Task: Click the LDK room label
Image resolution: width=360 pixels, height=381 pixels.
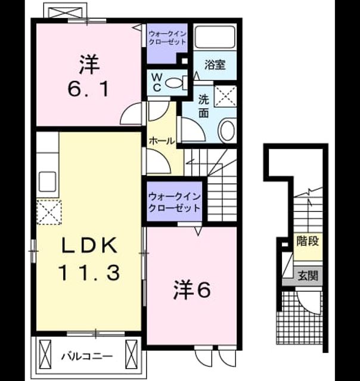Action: (89, 245)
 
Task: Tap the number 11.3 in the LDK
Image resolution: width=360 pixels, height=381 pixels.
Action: (89, 273)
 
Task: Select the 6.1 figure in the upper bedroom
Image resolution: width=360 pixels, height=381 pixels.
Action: (88, 89)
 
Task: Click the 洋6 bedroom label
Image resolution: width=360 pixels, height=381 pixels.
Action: (192, 289)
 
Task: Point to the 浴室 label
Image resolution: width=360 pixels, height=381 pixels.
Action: (215, 65)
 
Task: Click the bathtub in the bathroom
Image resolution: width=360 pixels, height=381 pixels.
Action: (215, 37)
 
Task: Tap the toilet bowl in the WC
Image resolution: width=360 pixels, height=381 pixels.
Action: (175, 83)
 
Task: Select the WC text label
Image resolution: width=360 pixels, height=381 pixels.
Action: (157, 83)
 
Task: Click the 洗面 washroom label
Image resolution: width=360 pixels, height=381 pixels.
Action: (203, 106)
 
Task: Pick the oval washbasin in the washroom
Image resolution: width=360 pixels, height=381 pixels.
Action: (227, 131)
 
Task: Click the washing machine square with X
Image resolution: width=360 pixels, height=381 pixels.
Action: (225, 96)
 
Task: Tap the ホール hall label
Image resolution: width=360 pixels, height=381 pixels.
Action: (162, 140)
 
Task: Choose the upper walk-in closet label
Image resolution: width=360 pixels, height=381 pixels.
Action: (167, 38)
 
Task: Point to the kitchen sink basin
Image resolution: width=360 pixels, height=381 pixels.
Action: (48, 181)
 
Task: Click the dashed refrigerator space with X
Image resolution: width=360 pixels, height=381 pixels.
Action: (49, 212)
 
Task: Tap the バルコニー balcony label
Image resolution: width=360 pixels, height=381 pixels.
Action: (87, 357)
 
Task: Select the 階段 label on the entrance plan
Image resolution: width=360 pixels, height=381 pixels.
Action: (308, 241)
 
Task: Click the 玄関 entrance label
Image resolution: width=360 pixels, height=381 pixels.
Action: (308, 276)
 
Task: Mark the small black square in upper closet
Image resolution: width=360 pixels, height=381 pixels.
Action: (185, 61)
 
